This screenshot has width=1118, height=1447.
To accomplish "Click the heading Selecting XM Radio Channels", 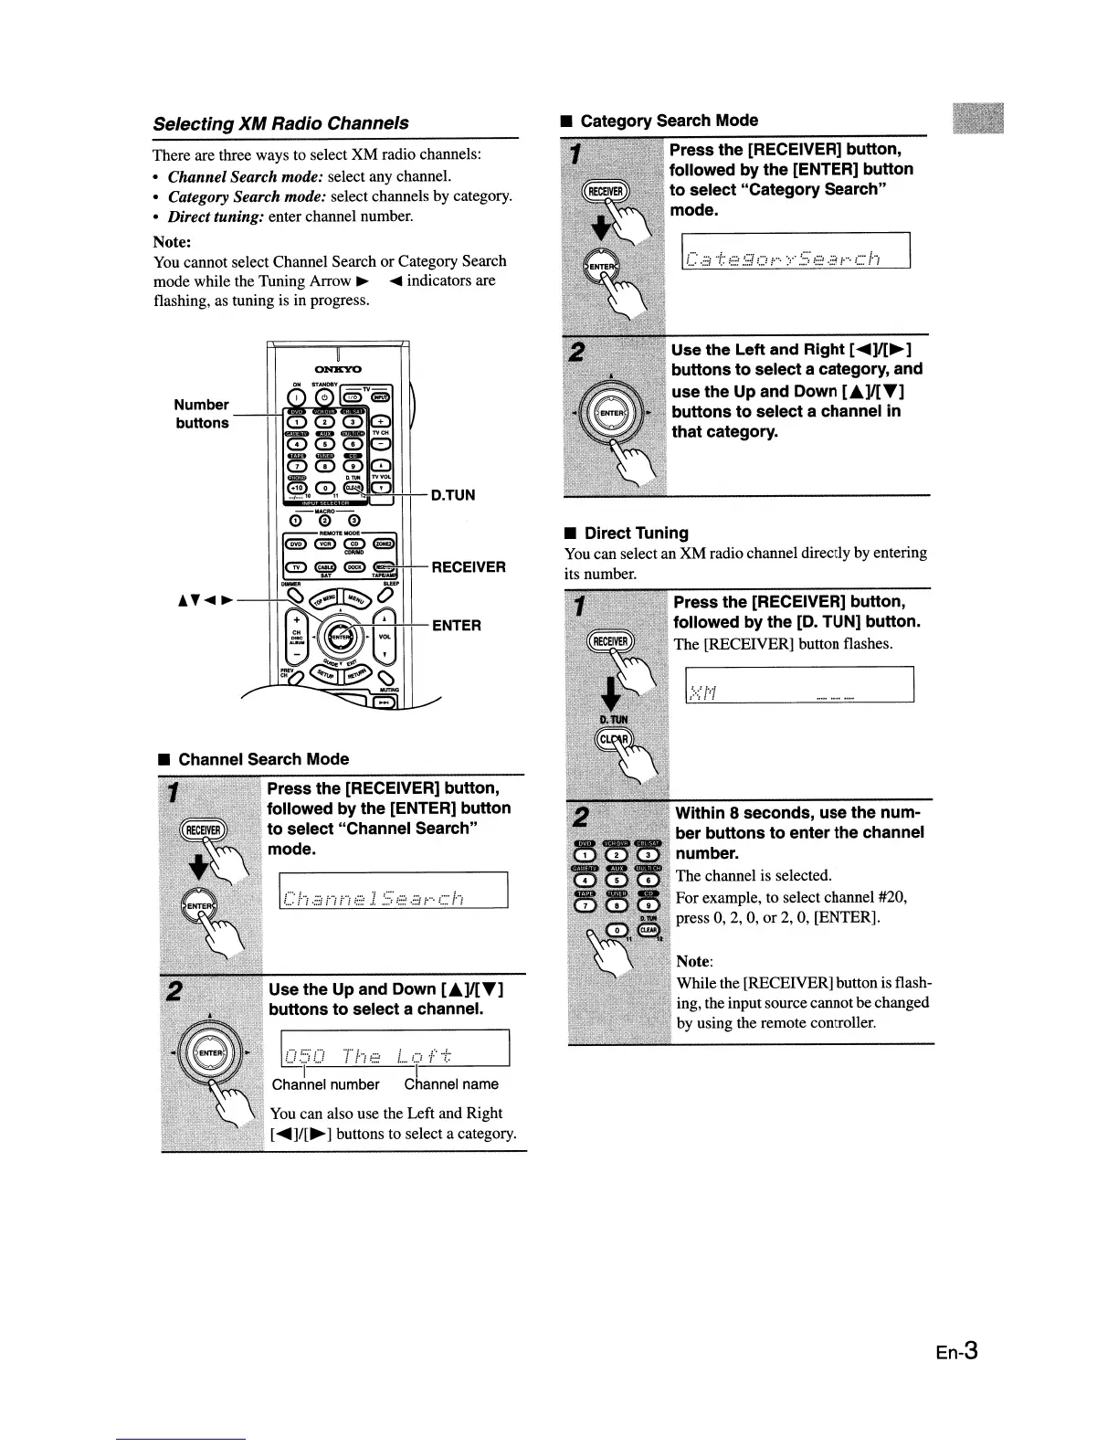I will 280,123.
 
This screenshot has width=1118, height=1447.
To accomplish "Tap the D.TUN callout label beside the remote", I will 453,495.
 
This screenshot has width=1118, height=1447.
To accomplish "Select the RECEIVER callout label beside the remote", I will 469,567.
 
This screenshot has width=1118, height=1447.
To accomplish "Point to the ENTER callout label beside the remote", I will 456,626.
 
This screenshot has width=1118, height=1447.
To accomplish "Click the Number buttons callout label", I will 202,414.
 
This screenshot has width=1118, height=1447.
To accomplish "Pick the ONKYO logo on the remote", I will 339,369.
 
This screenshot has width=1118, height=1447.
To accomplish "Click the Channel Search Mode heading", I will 263,759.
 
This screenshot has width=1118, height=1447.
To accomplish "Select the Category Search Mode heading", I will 669,121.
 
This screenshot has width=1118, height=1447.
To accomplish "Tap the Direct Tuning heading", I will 636,533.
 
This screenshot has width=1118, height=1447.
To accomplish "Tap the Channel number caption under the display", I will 325,1084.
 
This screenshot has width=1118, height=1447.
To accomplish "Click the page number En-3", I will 955,1350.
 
